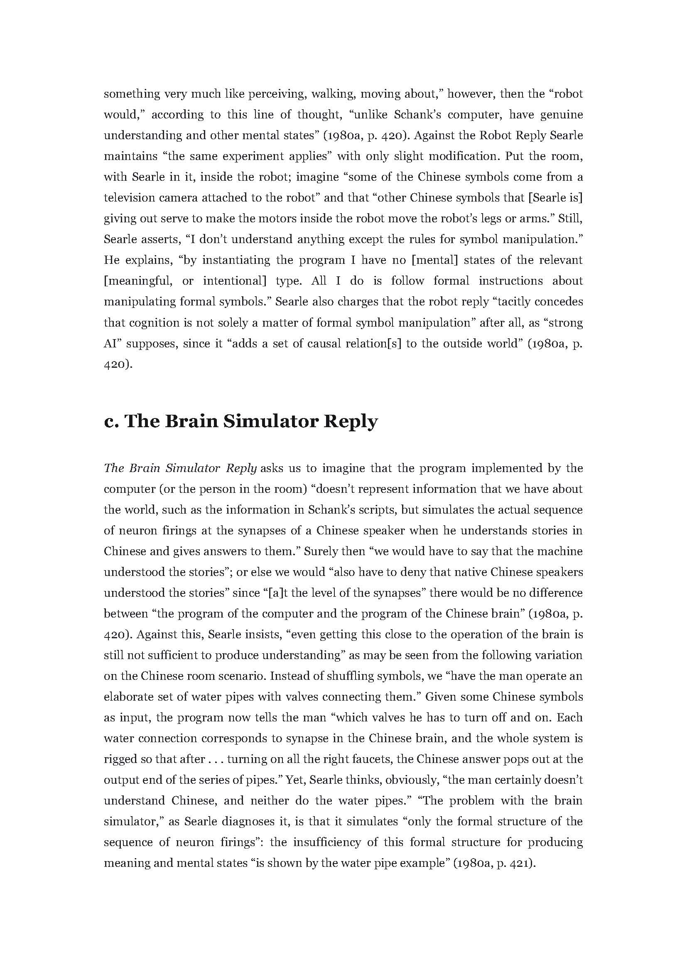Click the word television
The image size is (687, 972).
tap(129, 198)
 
